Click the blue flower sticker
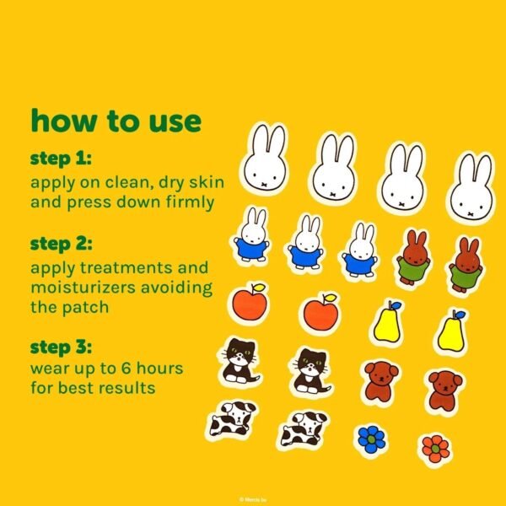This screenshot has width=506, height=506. click(370, 438)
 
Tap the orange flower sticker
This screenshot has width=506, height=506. click(435, 448)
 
